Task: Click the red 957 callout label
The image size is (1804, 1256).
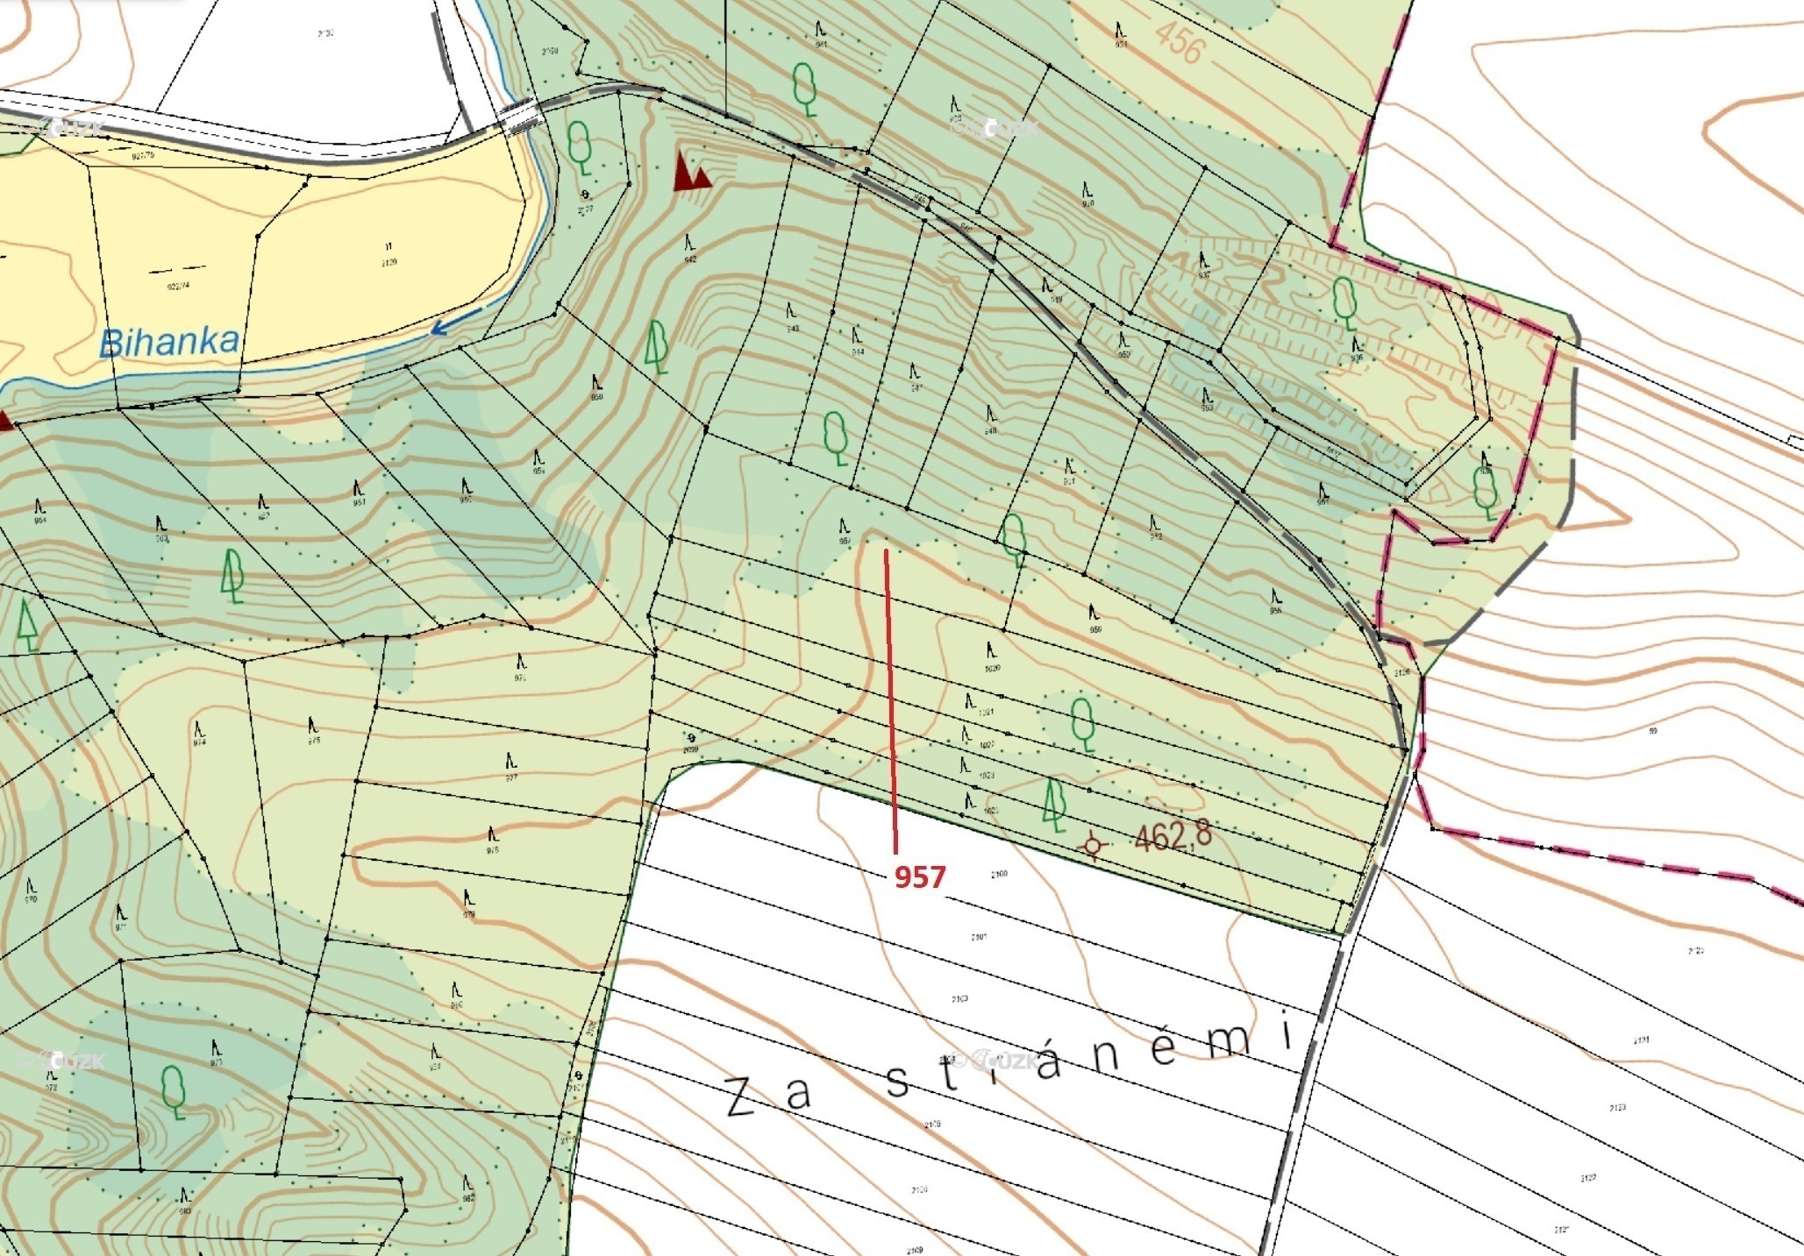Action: pyautogui.click(x=919, y=876)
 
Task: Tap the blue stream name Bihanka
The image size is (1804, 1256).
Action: pyautogui.click(x=168, y=342)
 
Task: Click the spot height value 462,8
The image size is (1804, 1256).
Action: pyautogui.click(x=1173, y=835)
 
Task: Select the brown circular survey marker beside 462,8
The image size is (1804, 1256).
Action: pyautogui.click(x=1093, y=845)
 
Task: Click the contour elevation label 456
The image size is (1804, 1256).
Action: pyautogui.click(x=1178, y=42)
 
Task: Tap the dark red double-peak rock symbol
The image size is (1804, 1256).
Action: pyautogui.click(x=691, y=172)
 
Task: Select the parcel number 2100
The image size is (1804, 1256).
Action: pyautogui.click(x=999, y=874)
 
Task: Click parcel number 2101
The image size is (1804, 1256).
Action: pyautogui.click(x=979, y=937)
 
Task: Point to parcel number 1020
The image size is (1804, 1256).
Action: pyautogui.click(x=992, y=668)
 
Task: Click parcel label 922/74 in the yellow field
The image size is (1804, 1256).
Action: pyautogui.click(x=177, y=285)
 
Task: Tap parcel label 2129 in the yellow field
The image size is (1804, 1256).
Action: pyautogui.click(x=389, y=262)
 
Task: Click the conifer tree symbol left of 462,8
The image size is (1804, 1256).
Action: pyautogui.click(x=1054, y=805)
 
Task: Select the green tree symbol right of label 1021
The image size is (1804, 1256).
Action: pyautogui.click(x=1083, y=723)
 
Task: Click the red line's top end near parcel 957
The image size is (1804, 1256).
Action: pyautogui.click(x=886, y=551)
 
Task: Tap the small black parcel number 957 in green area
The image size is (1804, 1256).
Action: pyautogui.click(x=845, y=541)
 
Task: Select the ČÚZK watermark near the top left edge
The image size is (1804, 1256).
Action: pyautogui.click(x=75, y=129)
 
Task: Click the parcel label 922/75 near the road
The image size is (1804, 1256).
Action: pyautogui.click(x=142, y=156)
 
